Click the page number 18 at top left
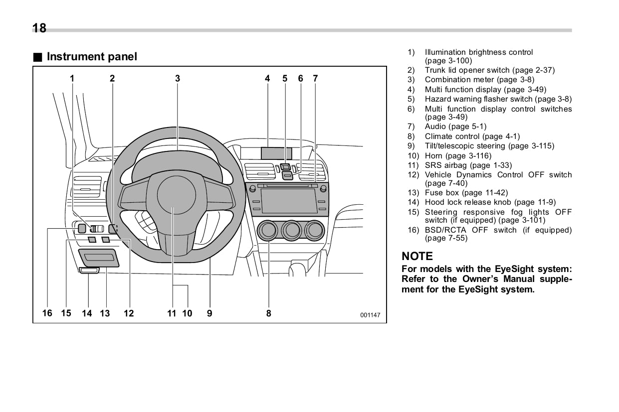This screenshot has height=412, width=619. coord(39,28)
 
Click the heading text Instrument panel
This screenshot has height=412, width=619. coord(91,57)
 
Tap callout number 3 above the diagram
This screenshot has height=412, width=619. coord(178,78)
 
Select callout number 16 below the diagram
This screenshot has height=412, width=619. coord(47,313)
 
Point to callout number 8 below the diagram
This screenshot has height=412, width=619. coord(269,313)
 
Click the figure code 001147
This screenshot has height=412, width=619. coord(370,315)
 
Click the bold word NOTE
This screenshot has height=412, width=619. coord(417,256)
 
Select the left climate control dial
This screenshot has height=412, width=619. coord(268,230)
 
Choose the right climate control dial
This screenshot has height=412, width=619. coord(314,230)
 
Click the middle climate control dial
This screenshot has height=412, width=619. coord(291,230)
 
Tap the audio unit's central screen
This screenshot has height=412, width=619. coord(289,201)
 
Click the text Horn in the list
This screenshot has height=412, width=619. coord(433,156)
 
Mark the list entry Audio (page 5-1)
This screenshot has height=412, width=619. coord(455,127)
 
